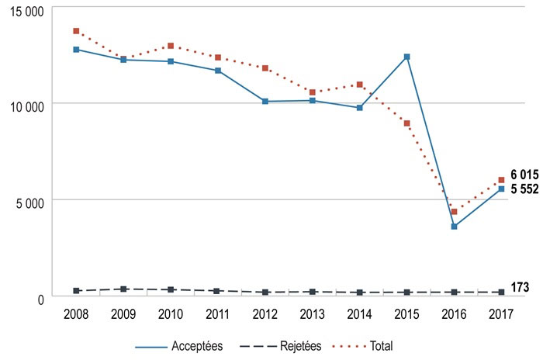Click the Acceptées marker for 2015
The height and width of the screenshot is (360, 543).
(x=406, y=57)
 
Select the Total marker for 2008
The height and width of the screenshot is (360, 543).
(x=76, y=31)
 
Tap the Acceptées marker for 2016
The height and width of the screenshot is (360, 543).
(x=454, y=227)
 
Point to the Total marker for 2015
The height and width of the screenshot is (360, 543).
(x=406, y=123)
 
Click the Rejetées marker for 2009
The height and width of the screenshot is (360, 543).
(x=123, y=289)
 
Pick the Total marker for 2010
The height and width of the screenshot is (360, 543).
(x=171, y=46)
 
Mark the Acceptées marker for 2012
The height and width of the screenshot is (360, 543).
(x=265, y=101)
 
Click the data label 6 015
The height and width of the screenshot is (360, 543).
(x=524, y=175)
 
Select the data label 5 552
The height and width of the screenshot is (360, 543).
(x=524, y=189)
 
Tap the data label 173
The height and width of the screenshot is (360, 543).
(x=520, y=288)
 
